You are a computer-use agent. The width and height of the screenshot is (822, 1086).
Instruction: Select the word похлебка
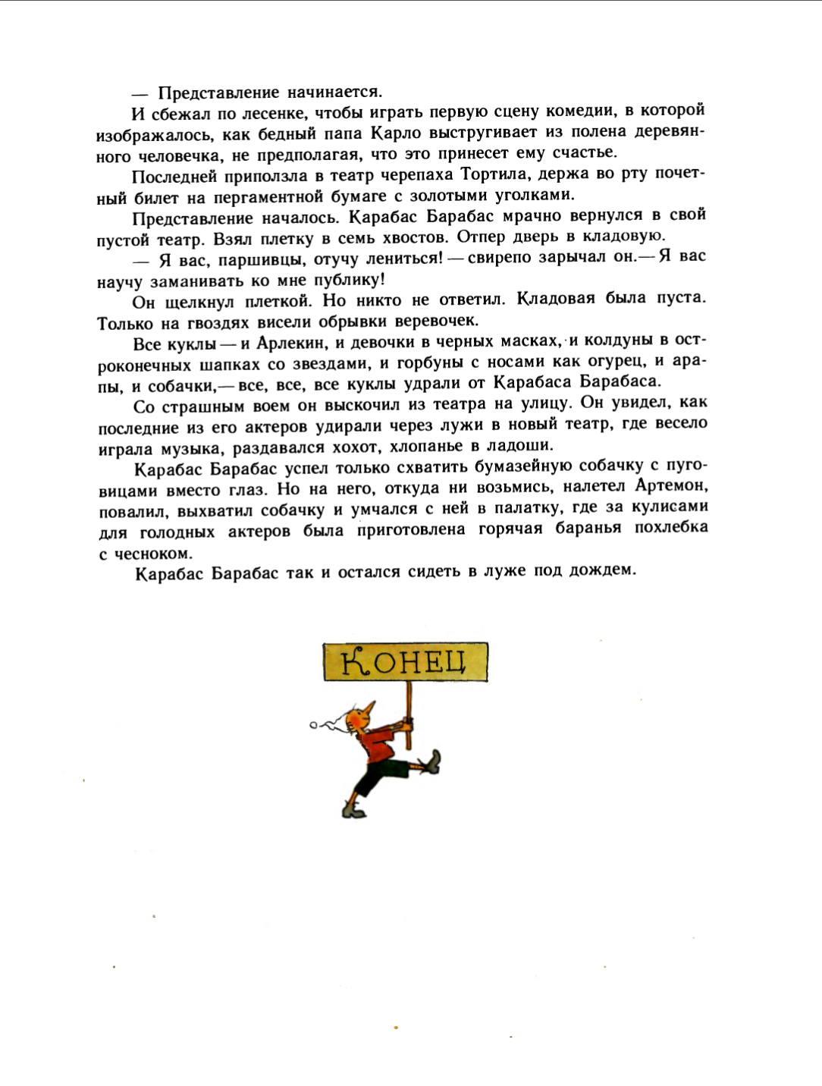point(670,527)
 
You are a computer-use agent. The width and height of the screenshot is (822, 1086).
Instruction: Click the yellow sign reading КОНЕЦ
point(405,662)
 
